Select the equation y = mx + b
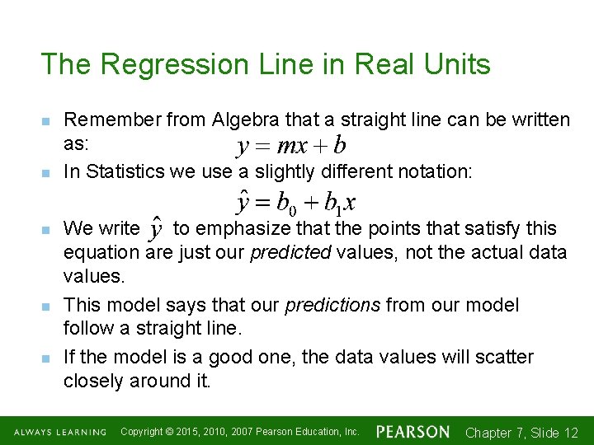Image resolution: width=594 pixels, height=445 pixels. click(x=290, y=147)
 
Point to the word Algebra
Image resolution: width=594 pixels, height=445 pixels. click(x=243, y=120)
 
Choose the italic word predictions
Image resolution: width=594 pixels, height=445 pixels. click(x=332, y=306)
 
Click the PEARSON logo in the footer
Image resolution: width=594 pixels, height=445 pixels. click(x=412, y=432)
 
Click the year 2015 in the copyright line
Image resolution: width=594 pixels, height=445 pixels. click(x=194, y=432)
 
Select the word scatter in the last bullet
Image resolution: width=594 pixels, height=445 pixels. click(x=503, y=358)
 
